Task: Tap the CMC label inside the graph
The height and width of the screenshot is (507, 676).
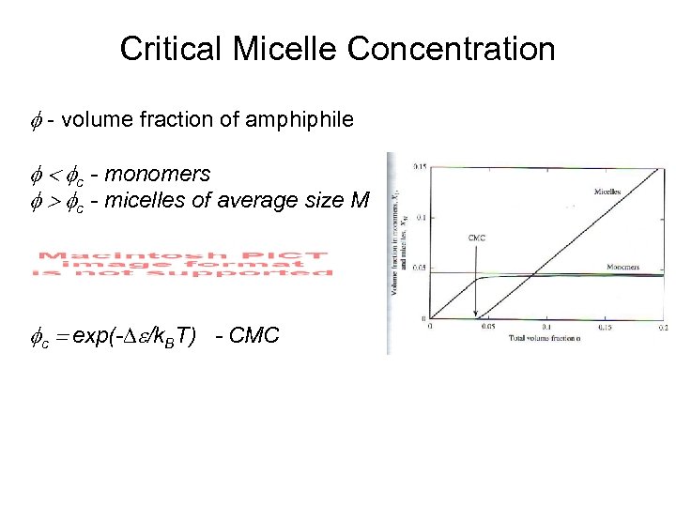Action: point(477,238)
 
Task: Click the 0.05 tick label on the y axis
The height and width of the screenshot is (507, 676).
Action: point(418,268)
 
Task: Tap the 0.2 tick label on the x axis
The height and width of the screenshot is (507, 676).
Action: point(663,328)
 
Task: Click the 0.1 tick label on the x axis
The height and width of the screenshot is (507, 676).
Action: point(547,328)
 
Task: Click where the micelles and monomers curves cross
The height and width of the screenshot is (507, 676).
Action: point(532,275)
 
